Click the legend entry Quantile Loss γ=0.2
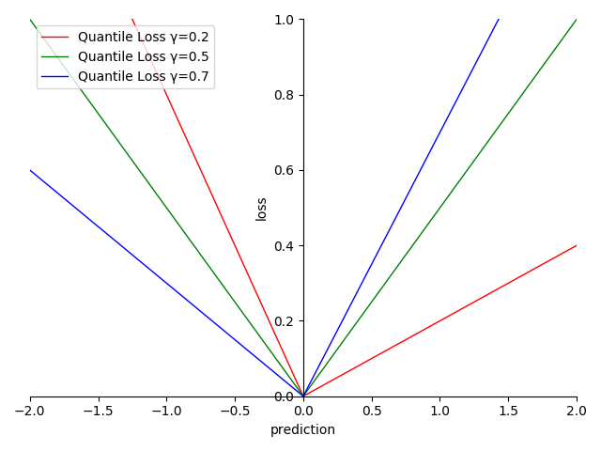[x=143, y=37]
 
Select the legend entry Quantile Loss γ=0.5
[x=143, y=56]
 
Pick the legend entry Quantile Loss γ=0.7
[x=143, y=76]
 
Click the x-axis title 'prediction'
[x=302, y=430]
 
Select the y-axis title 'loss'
[x=261, y=209]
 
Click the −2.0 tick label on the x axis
[x=30, y=412]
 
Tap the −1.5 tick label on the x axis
[x=99, y=412]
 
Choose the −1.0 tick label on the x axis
[x=166, y=412]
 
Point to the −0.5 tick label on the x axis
[x=235, y=412]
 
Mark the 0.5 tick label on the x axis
[x=372, y=412]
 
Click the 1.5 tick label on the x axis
[x=508, y=412]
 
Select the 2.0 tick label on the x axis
[x=577, y=412]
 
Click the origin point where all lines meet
[x=303, y=397]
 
